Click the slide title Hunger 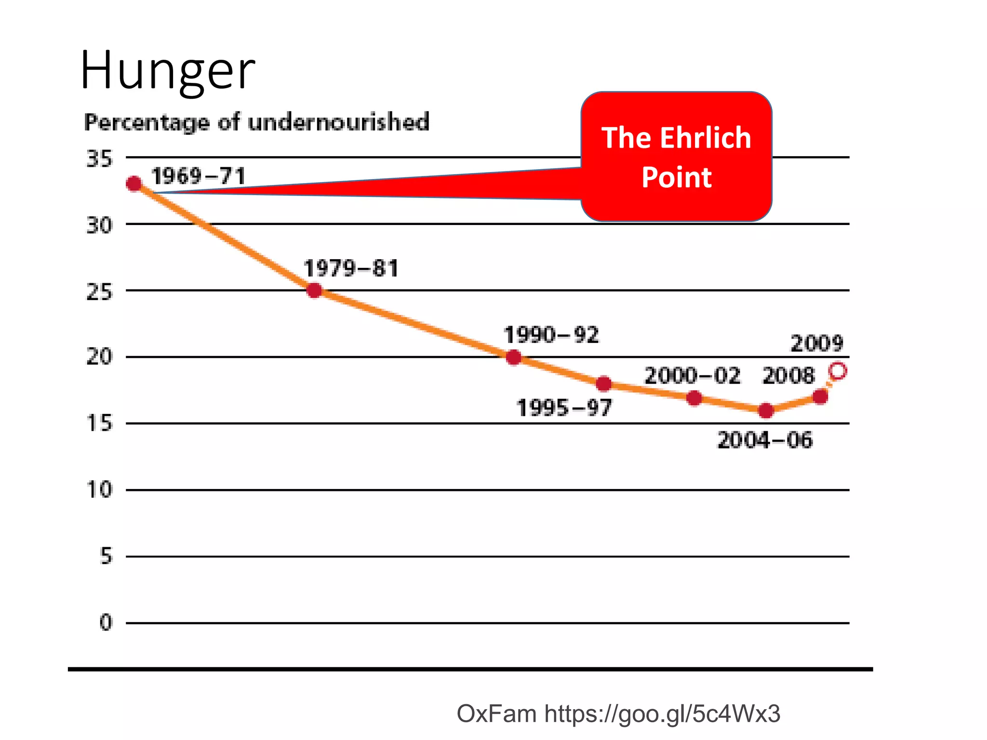tap(167, 71)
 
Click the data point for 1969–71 tap(134, 184)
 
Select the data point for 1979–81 tap(314, 291)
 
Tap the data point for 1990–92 tap(514, 357)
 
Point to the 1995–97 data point tap(603, 384)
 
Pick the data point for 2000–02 tap(694, 398)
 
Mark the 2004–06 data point tap(766, 411)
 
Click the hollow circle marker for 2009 tap(838, 371)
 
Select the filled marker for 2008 tap(820, 397)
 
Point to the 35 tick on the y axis tap(99, 159)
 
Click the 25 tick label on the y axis tap(99, 291)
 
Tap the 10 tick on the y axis tap(99, 490)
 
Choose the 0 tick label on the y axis tap(106, 622)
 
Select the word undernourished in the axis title tap(338, 122)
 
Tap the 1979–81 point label tap(351, 268)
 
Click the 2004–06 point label tap(765, 440)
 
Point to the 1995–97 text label tap(564, 408)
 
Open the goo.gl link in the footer tap(662, 714)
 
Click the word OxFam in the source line tap(496, 714)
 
